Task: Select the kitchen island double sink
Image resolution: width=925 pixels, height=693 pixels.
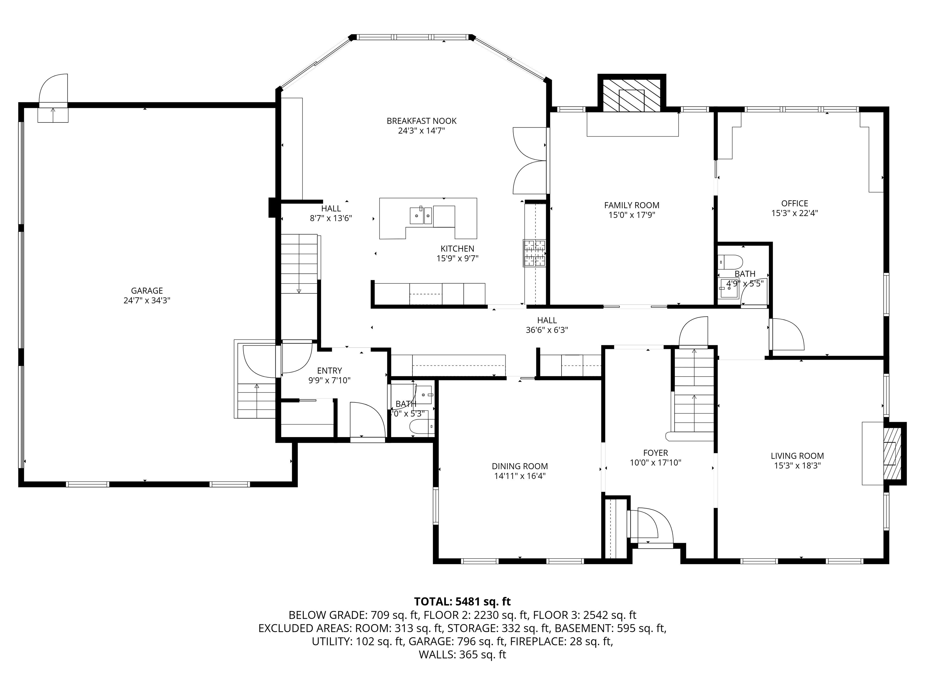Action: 420,216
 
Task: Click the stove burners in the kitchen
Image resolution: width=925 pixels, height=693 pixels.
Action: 534,253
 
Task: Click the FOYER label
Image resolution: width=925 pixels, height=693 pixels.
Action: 655,453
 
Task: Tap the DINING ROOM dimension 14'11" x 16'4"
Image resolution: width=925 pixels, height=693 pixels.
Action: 519,476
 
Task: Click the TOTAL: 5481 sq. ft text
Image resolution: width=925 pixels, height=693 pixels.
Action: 462,602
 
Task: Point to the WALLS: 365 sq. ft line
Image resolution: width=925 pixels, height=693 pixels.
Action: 462,654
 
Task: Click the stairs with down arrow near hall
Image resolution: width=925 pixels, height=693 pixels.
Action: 299,263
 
